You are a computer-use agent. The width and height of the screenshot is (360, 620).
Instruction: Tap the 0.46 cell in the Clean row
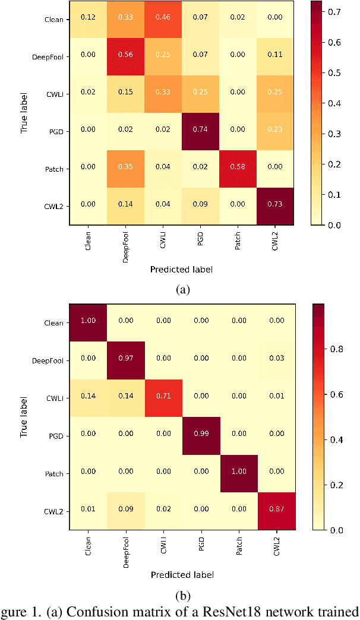point(163,19)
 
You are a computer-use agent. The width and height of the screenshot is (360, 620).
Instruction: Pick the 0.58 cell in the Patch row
point(238,169)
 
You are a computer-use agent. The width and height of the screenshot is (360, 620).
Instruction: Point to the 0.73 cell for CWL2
point(276,206)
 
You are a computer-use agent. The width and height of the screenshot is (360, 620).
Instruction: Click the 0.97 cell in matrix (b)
point(126,360)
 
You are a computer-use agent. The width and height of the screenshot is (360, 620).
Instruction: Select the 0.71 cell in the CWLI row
point(163,398)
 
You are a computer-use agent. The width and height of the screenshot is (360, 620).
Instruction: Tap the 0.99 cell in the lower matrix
point(201,435)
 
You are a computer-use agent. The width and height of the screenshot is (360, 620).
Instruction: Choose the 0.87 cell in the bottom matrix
point(276,511)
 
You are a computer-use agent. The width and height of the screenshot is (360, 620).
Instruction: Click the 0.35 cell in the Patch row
point(126,169)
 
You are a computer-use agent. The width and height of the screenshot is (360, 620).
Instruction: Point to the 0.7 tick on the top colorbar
point(333,12)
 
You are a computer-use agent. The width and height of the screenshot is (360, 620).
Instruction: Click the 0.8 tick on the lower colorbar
point(333,349)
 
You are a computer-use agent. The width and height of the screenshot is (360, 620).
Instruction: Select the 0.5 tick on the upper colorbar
point(333,73)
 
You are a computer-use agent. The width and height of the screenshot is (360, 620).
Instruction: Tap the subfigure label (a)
point(182,289)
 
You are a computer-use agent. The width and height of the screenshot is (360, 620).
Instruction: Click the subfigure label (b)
point(182,594)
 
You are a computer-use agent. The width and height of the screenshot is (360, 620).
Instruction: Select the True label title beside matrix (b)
point(24,417)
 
